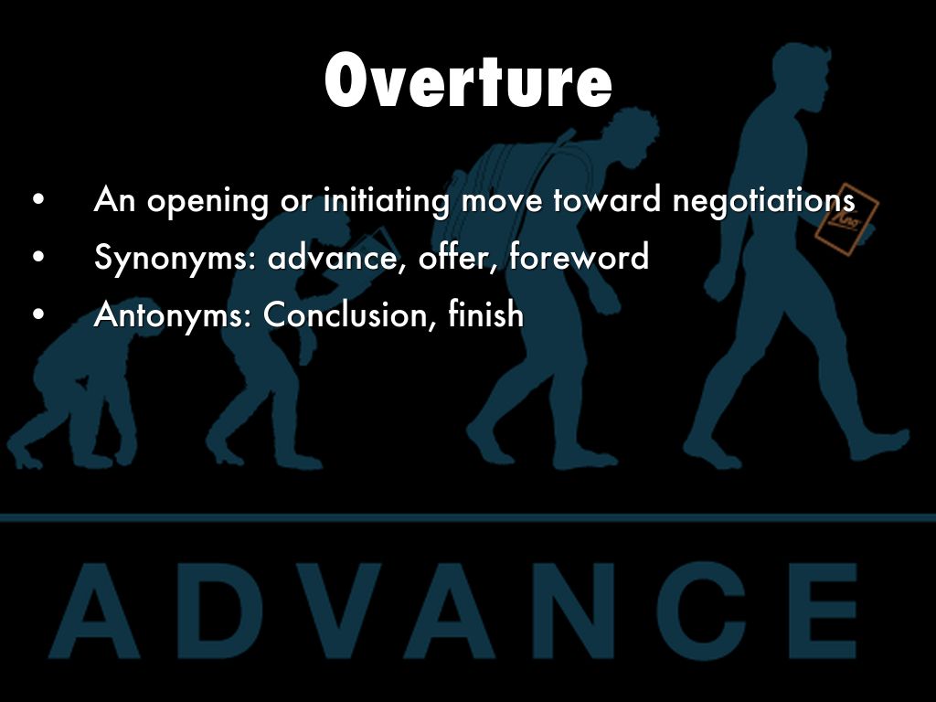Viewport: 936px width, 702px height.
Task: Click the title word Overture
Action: pos(468,80)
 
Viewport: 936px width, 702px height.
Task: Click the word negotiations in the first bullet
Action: pos(763,200)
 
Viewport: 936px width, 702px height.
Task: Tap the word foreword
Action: pos(579,257)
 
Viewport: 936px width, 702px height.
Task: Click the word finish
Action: pos(486,314)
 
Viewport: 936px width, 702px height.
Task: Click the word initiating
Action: pos(386,200)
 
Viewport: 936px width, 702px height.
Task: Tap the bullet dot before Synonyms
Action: pos(38,258)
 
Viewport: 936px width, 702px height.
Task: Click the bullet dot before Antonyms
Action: pos(38,314)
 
